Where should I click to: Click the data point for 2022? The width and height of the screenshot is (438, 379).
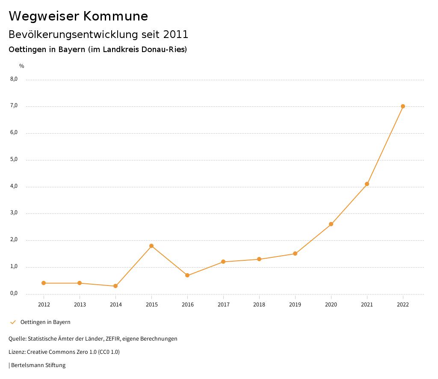tap(403, 106)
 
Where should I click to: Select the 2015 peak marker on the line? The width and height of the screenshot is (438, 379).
tap(151, 246)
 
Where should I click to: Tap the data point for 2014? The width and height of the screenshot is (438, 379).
tap(115, 286)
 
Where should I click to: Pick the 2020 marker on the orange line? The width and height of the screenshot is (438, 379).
tap(331, 224)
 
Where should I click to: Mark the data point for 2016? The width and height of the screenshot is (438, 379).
tap(187, 275)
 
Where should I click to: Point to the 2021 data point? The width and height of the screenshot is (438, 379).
tap(367, 184)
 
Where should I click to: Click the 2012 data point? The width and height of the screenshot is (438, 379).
tap(44, 283)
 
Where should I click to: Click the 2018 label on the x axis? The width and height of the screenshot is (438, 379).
tap(259, 305)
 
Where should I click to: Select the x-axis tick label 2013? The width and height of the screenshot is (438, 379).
tap(80, 305)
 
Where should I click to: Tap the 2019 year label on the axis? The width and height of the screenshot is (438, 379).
tap(295, 305)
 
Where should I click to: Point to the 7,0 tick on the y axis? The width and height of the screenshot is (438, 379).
tap(14, 106)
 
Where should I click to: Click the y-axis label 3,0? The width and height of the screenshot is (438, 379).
tap(14, 213)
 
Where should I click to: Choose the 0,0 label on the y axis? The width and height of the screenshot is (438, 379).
tap(14, 293)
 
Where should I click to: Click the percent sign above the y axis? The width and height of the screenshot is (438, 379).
tap(22, 66)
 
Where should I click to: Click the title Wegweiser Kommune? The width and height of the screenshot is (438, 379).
tap(78, 16)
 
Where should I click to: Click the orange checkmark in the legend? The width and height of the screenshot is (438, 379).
tap(13, 322)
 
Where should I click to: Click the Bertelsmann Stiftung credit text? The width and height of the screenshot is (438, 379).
tap(38, 365)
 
